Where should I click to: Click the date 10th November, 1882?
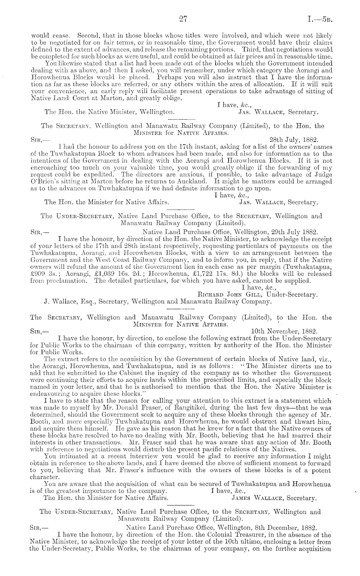[285, 331]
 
